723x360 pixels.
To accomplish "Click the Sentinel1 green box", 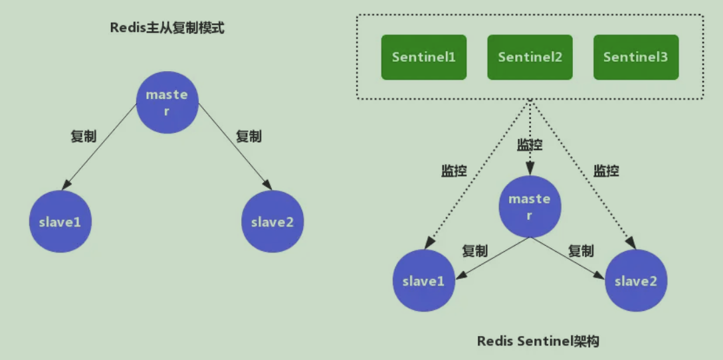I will point(423,57).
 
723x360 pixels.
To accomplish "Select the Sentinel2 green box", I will point(530,57).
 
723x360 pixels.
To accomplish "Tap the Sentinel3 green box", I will point(636,57).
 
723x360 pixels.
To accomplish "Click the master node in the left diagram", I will point(167,102).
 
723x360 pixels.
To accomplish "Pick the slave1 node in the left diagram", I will point(60,222).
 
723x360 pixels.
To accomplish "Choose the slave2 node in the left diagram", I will point(272,222).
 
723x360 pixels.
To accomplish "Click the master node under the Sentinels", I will point(530,207).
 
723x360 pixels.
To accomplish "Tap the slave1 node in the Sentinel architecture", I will point(423,281).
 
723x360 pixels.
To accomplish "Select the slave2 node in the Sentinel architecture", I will point(636,281).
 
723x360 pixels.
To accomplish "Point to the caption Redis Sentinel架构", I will point(538,341).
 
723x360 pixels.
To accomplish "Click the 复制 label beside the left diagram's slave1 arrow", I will point(83,137).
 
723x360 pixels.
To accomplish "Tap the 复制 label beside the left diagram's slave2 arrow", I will point(249,137).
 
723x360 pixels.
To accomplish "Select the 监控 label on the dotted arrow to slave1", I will point(454,171).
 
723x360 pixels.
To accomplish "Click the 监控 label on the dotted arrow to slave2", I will point(606,171).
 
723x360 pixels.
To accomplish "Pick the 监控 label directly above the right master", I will point(530,145).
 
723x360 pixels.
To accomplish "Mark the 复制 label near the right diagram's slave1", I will point(474,251).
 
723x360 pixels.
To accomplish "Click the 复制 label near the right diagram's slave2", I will point(581,251).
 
